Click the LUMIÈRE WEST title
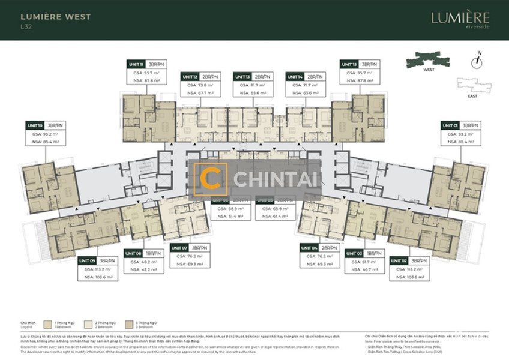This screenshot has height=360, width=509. [x=56, y=16]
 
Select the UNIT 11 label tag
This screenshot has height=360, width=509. [x=136, y=64]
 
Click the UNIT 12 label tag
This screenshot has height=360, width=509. [x=190, y=77]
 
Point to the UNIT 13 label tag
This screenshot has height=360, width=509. [x=243, y=77]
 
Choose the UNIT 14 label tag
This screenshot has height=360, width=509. [x=295, y=77]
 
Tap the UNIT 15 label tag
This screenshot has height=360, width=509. [x=349, y=64]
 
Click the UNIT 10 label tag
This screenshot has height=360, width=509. [x=35, y=125]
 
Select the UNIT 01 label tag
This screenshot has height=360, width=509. [x=451, y=125]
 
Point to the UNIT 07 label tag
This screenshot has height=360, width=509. [x=180, y=247]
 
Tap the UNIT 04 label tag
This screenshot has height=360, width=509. [x=310, y=247]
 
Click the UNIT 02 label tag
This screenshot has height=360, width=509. [x=399, y=261]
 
